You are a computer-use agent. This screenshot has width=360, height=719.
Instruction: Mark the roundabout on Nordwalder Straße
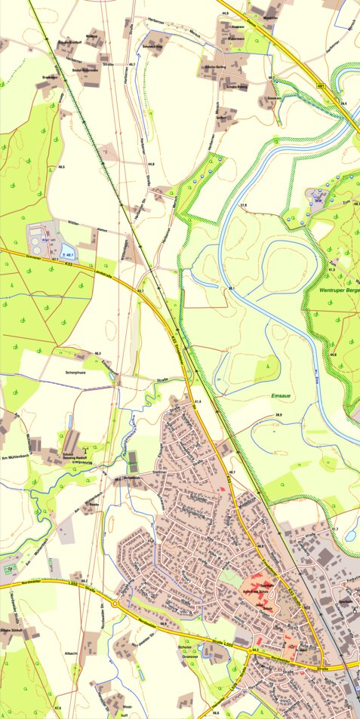tap(115, 604)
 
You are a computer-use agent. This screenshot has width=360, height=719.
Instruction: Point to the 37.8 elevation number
tap(243, 205)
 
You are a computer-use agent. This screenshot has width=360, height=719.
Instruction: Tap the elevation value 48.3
tap(97, 353)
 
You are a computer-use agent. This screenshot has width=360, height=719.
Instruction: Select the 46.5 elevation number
tap(61, 166)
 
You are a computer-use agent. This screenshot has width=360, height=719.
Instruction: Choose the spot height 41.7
tap(334, 529)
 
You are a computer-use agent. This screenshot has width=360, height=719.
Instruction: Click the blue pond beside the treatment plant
tap(66, 250)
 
